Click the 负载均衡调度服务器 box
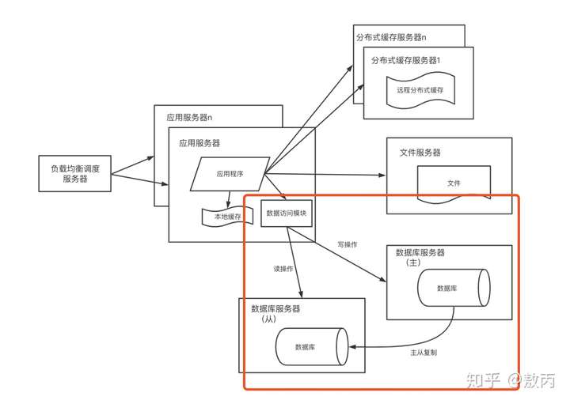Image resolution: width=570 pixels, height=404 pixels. [x=75, y=173]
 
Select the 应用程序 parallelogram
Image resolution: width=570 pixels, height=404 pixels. [x=230, y=174]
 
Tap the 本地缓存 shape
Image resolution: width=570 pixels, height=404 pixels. [x=227, y=217]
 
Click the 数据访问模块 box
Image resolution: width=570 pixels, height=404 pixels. [x=287, y=213]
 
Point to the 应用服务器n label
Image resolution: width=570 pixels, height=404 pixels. [x=189, y=117]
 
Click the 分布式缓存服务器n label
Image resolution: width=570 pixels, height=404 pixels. [x=392, y=37]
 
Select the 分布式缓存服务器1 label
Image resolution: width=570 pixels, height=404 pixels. [x=405, y=60]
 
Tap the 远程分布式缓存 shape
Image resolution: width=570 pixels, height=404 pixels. [x=420, y=90]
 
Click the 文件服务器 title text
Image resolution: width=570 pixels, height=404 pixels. [x=420, y=153]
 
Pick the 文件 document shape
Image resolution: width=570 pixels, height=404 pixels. [x=454, y=184]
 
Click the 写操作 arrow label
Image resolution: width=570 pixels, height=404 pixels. [x=348, y=244]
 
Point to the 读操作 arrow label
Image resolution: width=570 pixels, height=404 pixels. [x=283, y=269]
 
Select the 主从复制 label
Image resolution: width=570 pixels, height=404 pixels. [x=424, y=352]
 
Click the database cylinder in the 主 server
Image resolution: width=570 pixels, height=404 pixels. [x=454, y=288]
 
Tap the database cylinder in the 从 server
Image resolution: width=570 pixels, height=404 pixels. [x=312, y=346]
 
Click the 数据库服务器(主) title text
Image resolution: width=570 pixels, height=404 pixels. [x=420, y=257]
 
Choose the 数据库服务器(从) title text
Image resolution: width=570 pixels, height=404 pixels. [x=275, y=314]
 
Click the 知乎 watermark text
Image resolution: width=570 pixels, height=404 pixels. [x=484, y=381]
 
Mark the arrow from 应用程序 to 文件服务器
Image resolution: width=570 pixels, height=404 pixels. [x=325, y=174]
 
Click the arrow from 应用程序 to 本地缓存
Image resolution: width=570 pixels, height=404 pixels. [x=228, y=199]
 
